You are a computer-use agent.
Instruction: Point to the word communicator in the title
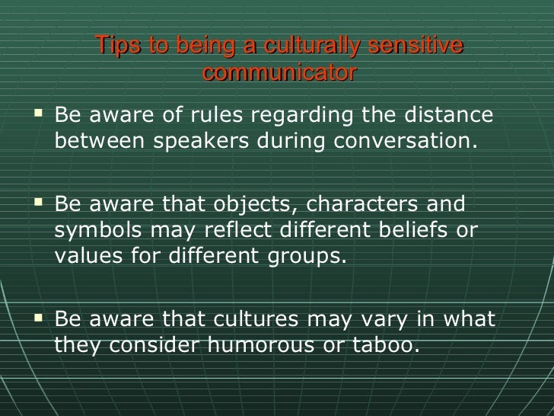279,73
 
